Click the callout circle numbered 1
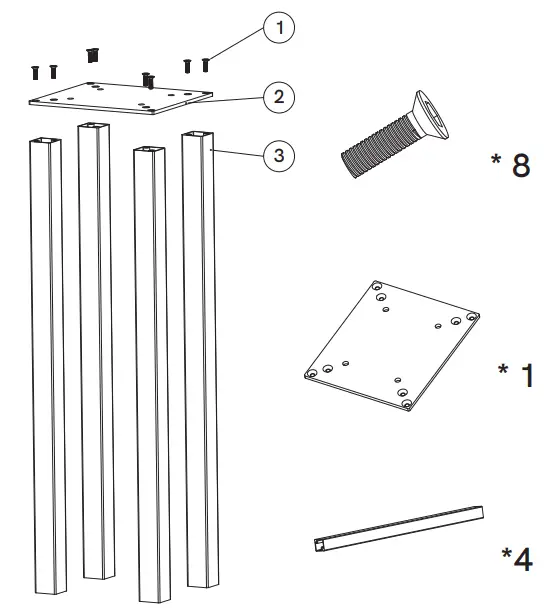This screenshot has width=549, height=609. (x=281, y=29)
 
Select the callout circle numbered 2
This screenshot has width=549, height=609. (x=280, y=96)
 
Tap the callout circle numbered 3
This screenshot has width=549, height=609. (x=281, y=154)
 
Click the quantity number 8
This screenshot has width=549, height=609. (x=520, y=166)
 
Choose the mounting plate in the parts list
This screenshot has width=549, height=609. (x=391, y=345)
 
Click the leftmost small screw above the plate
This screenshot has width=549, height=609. (x=34, y=72)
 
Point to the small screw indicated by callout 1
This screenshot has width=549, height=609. (x=206, y=64)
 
